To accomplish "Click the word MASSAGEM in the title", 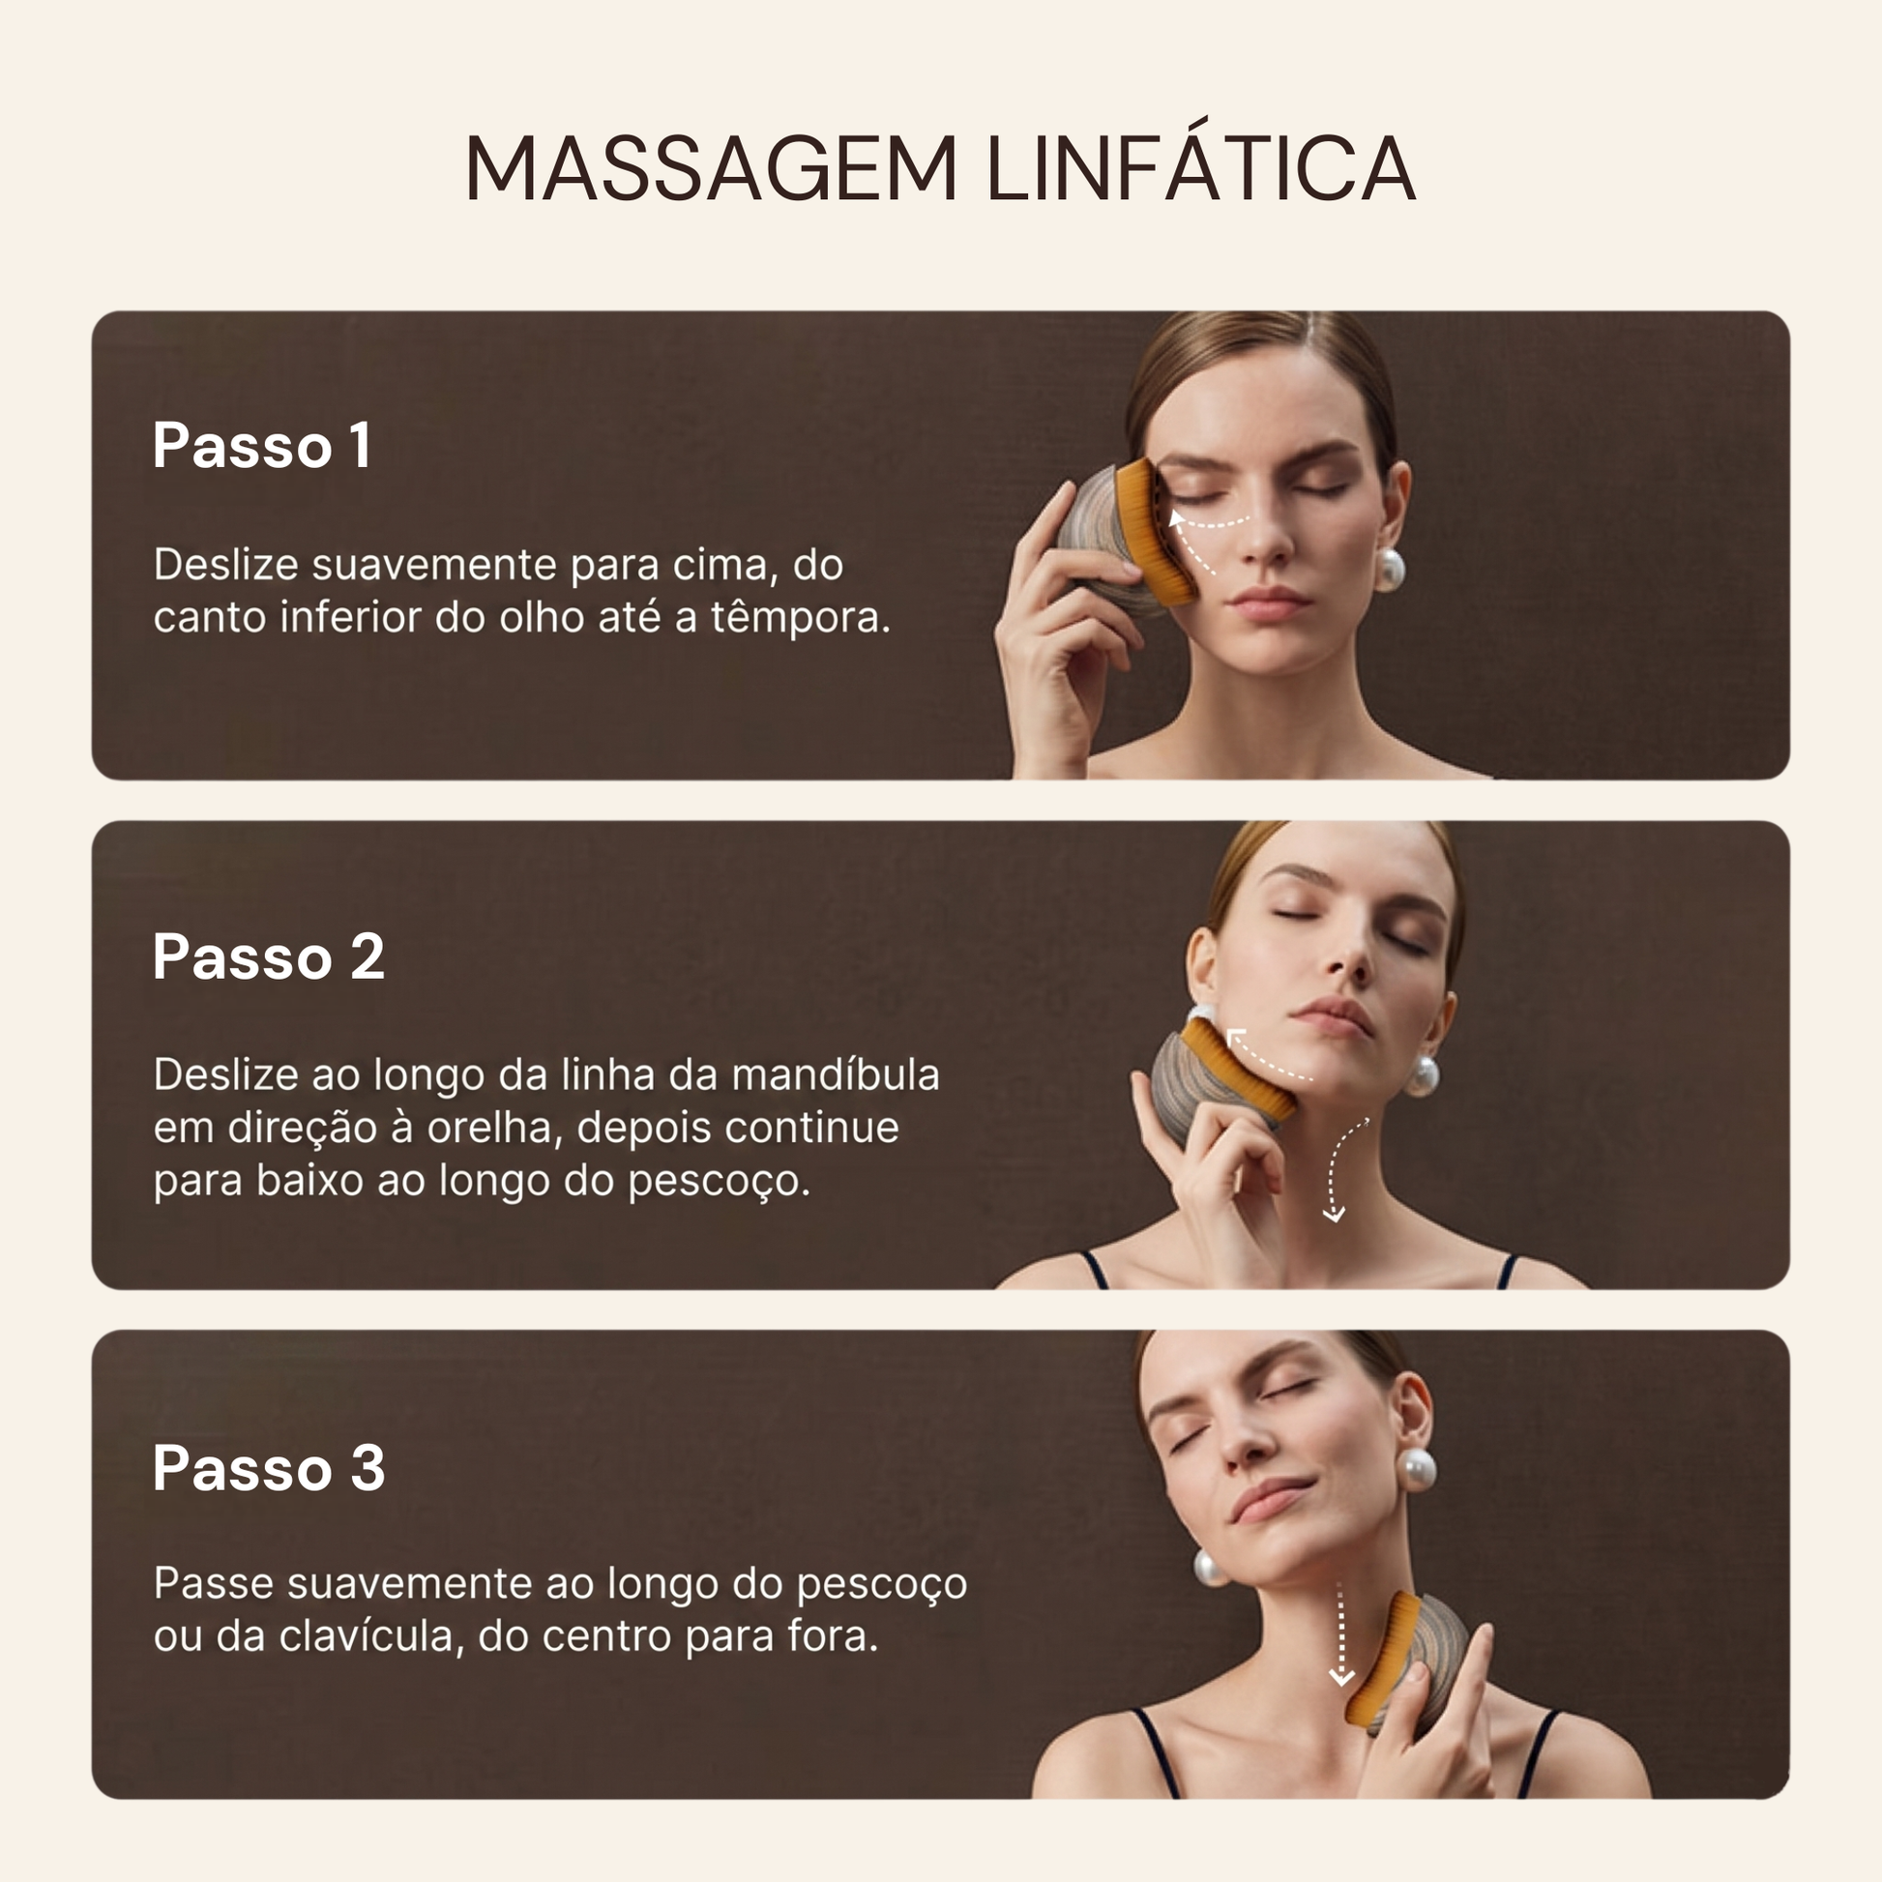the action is (x=711, y=168).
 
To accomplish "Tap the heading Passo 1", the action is (x=261, y=446).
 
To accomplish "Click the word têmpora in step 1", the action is (x=799, y=618).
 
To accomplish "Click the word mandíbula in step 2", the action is (x=835, y=1074).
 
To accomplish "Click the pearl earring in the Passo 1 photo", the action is (x=1389, y=570).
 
